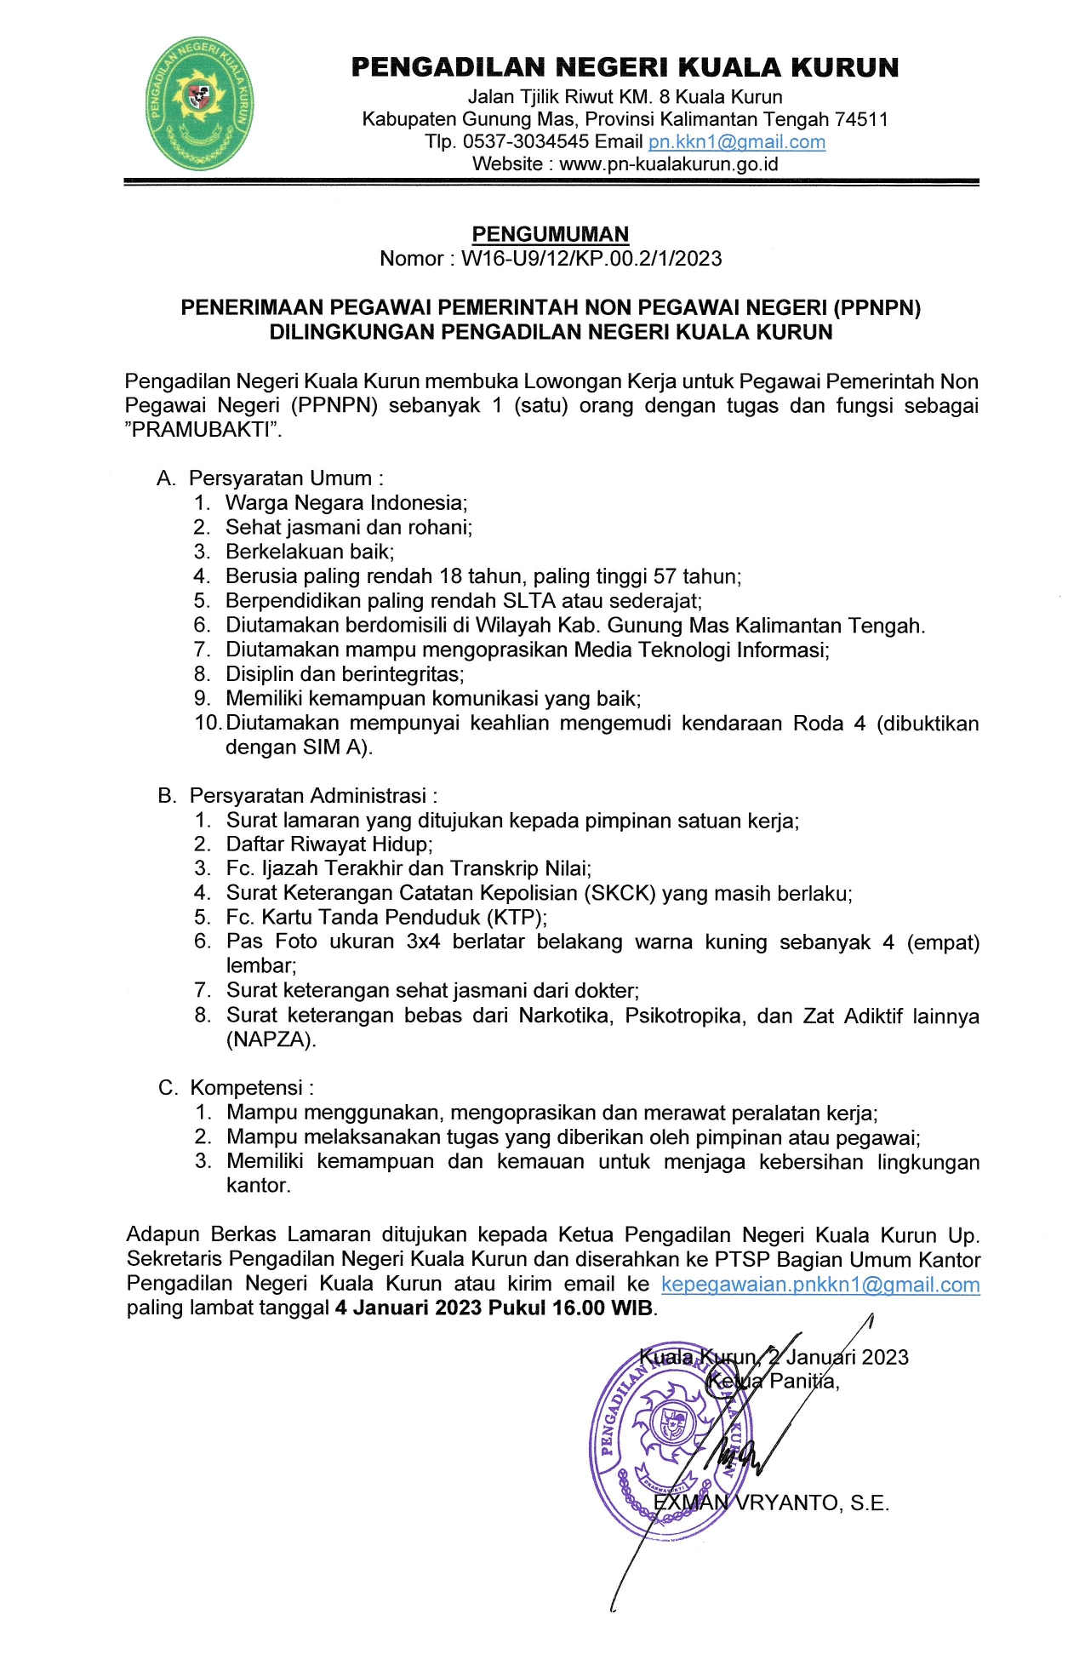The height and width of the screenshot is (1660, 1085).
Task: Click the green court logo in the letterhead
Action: click(200, 104)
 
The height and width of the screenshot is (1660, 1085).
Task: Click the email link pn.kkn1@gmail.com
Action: click(736, 142)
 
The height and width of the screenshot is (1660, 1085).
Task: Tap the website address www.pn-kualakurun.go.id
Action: click(669, 164)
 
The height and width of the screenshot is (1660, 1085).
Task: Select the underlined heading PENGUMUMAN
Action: click(550, 234)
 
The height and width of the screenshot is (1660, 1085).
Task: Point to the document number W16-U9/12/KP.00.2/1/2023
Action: click(591, 259)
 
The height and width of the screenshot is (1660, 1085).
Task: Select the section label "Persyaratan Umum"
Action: click(281, 478)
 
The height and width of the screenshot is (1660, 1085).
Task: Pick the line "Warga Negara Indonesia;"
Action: click(346, 503)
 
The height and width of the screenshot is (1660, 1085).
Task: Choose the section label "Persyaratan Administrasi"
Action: click(308, 796)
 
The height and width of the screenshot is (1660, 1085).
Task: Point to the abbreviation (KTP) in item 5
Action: click(516, 918)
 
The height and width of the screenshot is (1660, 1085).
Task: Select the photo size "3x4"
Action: click(423, 942)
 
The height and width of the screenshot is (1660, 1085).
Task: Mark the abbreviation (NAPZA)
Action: click(271, 1039)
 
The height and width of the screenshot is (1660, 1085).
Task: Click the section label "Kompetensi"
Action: click(247, 1088)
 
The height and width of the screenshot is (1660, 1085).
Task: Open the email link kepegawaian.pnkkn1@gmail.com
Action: click(820, 1285)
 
